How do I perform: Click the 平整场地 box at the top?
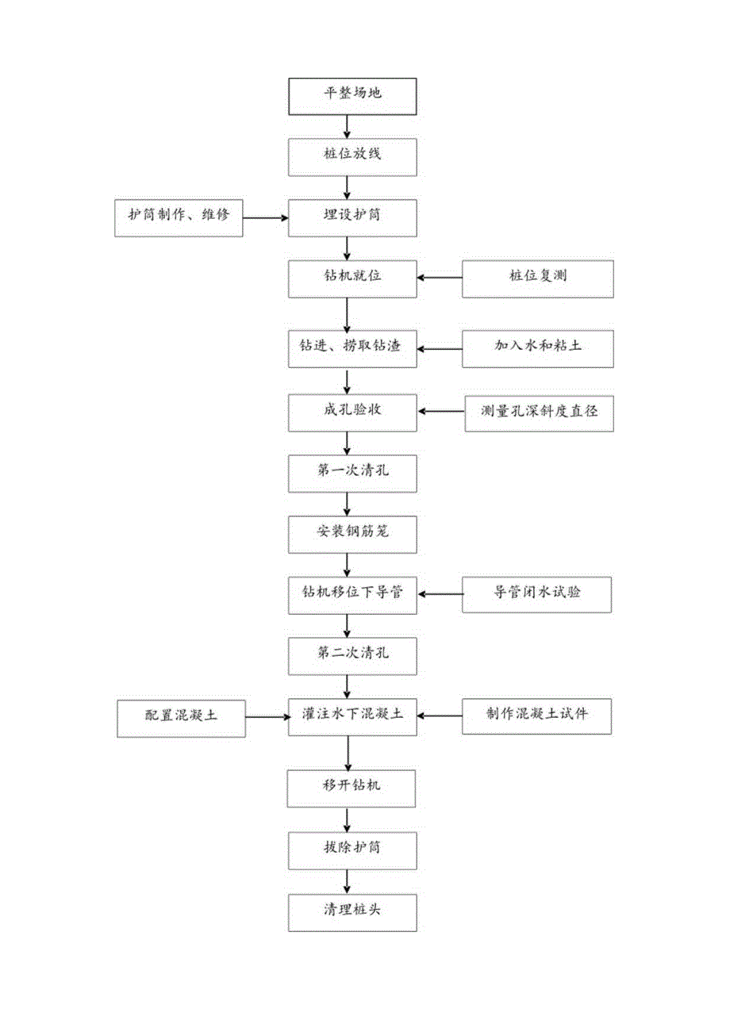click(352, 95)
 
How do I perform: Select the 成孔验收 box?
click(352, 411)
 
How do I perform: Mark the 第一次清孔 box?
click(352, 472)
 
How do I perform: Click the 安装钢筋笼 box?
click(352, 533)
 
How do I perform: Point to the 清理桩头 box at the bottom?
click(352, 911)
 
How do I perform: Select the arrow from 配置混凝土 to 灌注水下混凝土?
click(267, 716)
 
